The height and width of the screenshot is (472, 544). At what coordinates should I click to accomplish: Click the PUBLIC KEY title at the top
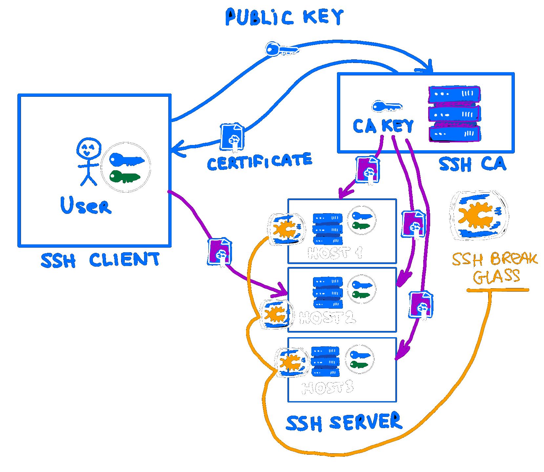coord(284,17)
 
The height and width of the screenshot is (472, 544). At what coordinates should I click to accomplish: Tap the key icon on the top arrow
coord(281,50)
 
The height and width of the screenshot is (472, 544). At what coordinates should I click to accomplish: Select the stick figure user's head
coord(89,149)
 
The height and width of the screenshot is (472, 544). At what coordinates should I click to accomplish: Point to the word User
coord(86,205)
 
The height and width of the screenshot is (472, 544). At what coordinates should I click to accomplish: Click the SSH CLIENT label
coord(100,260)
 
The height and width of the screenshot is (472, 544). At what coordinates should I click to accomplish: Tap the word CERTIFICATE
coord(259,162)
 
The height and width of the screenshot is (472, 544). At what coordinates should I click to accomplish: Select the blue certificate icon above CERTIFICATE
coord(232,137)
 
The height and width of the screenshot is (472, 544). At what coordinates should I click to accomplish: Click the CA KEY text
coord(383,126)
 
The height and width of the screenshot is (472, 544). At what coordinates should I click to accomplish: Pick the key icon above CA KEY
coord(386,106)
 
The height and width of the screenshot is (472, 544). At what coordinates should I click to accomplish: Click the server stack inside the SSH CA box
coord(454,114)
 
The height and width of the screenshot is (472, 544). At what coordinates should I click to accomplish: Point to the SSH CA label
coord(472,164)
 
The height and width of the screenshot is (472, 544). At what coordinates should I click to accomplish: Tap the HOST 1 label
coord(335,253)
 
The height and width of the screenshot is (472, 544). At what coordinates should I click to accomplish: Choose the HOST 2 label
coord(327,318)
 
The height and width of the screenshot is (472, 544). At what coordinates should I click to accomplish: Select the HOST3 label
coord(327,388)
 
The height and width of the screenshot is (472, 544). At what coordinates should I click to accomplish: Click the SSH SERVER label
coord(344,422)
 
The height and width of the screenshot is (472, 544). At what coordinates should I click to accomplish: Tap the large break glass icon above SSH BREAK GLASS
coord(479,215)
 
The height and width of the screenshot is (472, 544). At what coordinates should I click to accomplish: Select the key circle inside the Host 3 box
coord(360,359)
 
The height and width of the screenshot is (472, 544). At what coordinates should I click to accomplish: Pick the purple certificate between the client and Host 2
coord(220,252)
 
